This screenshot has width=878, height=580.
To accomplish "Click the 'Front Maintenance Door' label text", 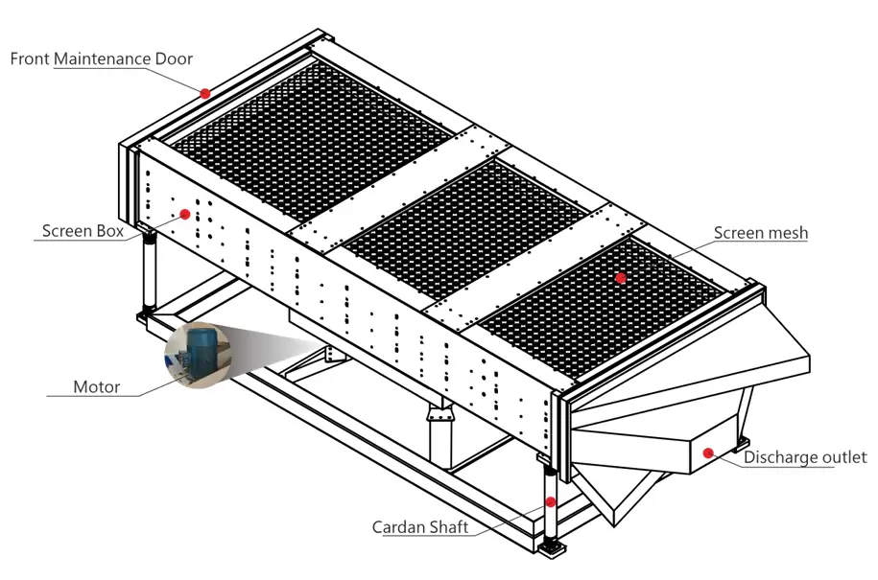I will (101, 58).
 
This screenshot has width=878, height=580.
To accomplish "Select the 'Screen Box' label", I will (82, 231).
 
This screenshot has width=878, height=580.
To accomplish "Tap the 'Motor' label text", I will (97, 387).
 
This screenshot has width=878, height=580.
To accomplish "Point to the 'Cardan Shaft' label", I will (419, 527).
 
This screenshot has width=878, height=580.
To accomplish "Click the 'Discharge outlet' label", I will (805, 457).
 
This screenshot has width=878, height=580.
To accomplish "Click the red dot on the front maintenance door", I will (204, 93).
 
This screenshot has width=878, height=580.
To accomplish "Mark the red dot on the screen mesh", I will (621, 278).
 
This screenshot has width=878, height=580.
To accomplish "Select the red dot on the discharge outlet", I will (708, 452).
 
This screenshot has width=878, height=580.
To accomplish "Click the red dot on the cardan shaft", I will (551, 500).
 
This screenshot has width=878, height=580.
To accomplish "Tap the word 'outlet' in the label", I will (844, 457).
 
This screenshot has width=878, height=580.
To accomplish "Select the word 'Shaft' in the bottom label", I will (445, 527).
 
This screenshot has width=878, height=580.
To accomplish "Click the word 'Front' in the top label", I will (30, 58).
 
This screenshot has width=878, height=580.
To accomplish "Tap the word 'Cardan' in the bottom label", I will (396, 527).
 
